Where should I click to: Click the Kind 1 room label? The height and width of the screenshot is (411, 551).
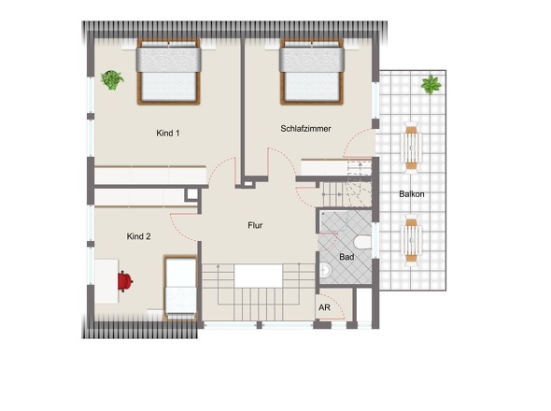[168, 134]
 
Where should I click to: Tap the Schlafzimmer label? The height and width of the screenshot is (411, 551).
[305, 129]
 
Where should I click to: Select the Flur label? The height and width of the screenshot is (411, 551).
[255, 225]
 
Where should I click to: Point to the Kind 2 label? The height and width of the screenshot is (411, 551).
[138, 236]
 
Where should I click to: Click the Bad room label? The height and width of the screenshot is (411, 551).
[346, 257]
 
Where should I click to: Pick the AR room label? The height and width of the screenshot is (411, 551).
[324, 307]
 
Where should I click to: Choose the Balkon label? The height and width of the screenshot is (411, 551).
[412, 194]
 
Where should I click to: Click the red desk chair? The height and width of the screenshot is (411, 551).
[125, 281]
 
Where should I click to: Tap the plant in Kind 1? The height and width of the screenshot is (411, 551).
[112, 79]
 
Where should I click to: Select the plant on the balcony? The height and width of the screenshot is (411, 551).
[431, 85]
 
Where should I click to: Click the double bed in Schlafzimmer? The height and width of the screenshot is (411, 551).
[312, 72]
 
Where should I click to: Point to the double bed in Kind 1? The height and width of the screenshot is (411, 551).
[169, 72]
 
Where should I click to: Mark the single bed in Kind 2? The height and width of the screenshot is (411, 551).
[180, 288]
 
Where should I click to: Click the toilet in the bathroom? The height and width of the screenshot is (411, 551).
[362, 242]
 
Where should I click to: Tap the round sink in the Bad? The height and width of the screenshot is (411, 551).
[325, 270]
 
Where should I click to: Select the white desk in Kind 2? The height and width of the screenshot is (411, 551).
[106, 281]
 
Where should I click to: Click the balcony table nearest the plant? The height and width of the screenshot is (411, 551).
[411, 148]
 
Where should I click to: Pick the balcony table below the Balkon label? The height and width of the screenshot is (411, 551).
[411, 240]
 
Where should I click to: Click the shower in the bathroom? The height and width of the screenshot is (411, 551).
[333, 221]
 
